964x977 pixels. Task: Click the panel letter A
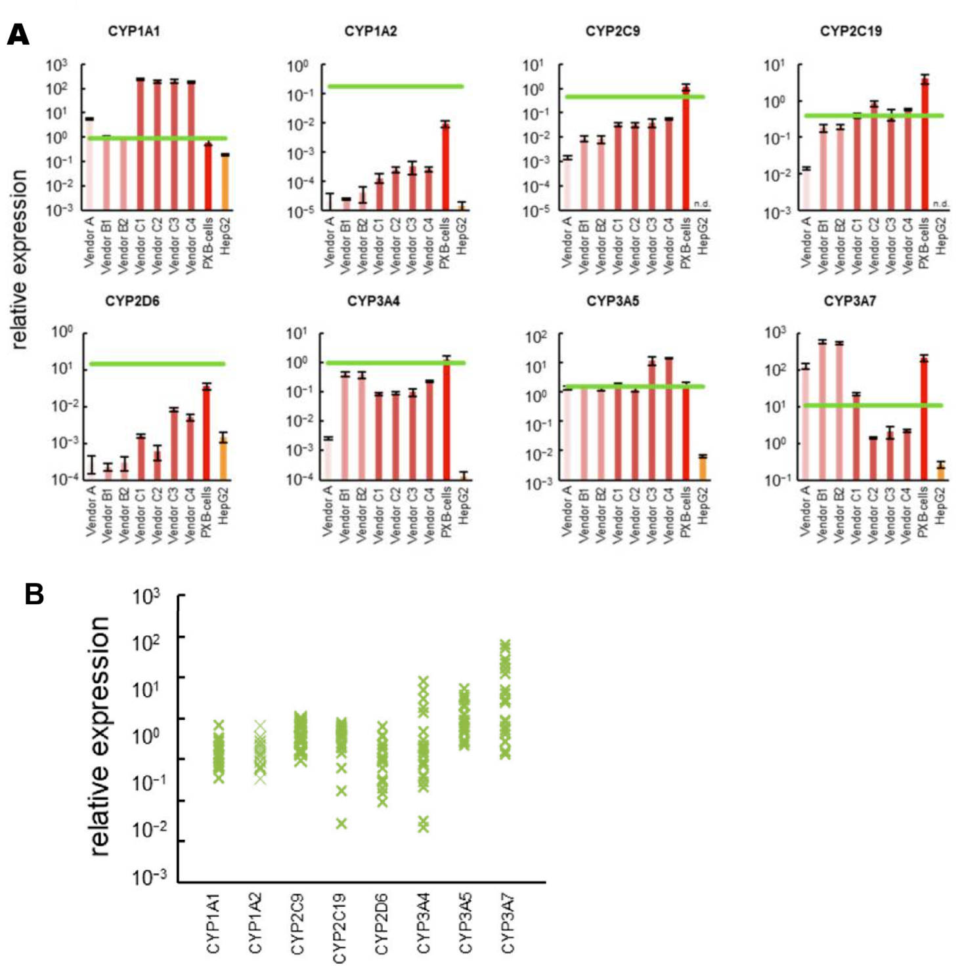(18, 33)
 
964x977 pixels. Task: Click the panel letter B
(34, 594)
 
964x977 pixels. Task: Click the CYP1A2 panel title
(370, 31)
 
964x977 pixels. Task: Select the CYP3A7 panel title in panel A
(850, 301)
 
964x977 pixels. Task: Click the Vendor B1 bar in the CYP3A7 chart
(822, 410)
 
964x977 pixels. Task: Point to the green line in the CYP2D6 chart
(158, 364)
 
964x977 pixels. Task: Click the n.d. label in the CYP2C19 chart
(940, 203)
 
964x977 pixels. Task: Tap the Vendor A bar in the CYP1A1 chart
(89, 164)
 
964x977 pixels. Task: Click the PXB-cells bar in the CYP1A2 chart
(445, 167)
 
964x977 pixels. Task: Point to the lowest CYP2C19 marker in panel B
(341, 823)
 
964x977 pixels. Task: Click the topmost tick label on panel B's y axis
(146, 596)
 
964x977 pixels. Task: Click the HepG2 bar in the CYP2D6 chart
(223, 457)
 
